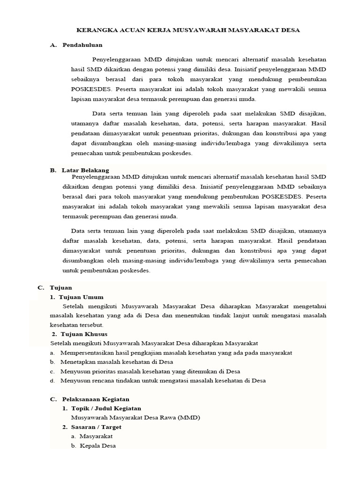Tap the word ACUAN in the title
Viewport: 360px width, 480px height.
127,30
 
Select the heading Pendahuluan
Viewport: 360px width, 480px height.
82,45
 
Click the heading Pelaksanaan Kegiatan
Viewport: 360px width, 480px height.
96,399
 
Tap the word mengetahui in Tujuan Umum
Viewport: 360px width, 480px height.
308,307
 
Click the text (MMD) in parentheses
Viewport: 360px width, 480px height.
189,418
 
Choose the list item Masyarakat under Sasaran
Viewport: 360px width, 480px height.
96,436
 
